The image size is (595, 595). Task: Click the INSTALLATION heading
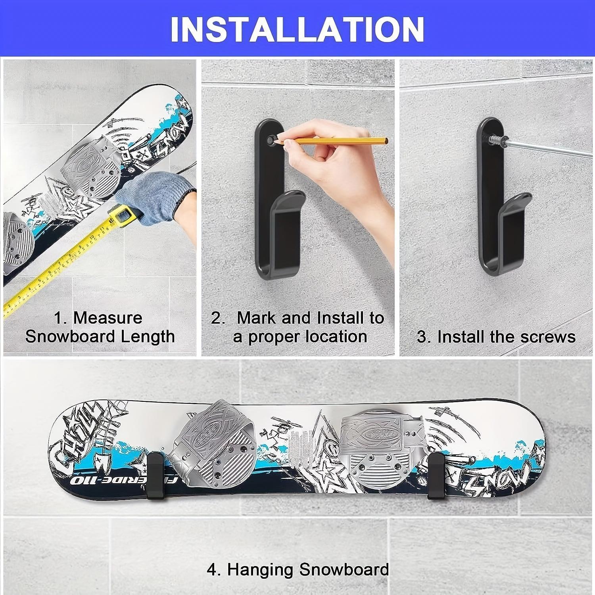point(297,29)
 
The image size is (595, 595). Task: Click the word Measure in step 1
point(108,318)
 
